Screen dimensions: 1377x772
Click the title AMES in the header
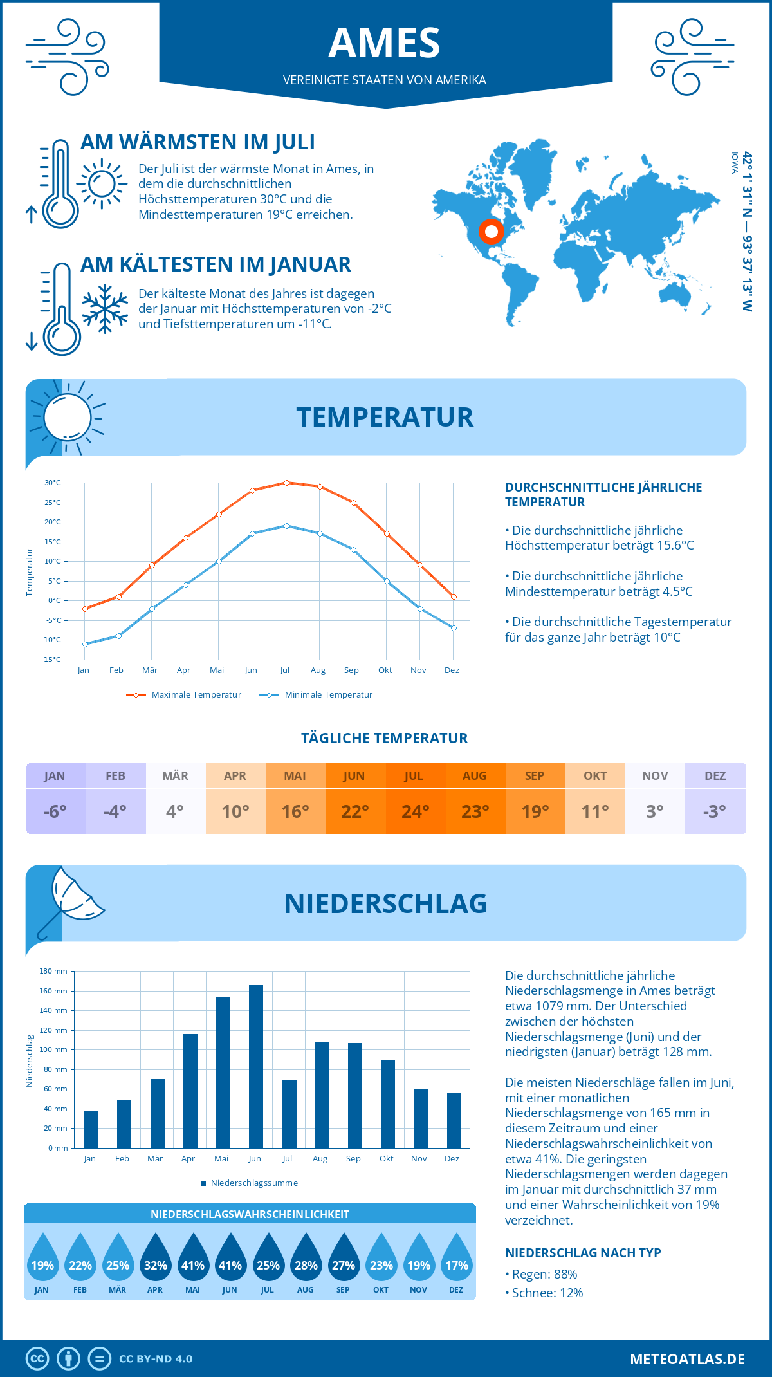[385, 43]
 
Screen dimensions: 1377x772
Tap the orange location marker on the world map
[492, 231]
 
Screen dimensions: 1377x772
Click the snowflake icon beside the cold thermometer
[105, 309]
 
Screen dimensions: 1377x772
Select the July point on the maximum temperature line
[286, 483]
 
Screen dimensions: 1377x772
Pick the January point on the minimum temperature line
[85, 644]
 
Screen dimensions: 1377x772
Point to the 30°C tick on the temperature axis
[53, 483]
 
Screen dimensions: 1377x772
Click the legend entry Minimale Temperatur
[328, 695]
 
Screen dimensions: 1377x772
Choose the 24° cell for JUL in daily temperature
[415, 811]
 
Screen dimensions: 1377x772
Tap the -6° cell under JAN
[55, 811]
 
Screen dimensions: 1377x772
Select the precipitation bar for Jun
[256, 1066]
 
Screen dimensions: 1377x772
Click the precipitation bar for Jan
[91, 1129]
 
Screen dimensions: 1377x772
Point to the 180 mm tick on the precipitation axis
[53, 971]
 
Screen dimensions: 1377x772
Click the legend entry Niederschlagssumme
[253, 1183]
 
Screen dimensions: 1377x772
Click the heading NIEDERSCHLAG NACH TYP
[583, 1253]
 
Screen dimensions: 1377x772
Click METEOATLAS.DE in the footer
[687, 1359]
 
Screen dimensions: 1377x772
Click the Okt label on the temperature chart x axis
[385, 670]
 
